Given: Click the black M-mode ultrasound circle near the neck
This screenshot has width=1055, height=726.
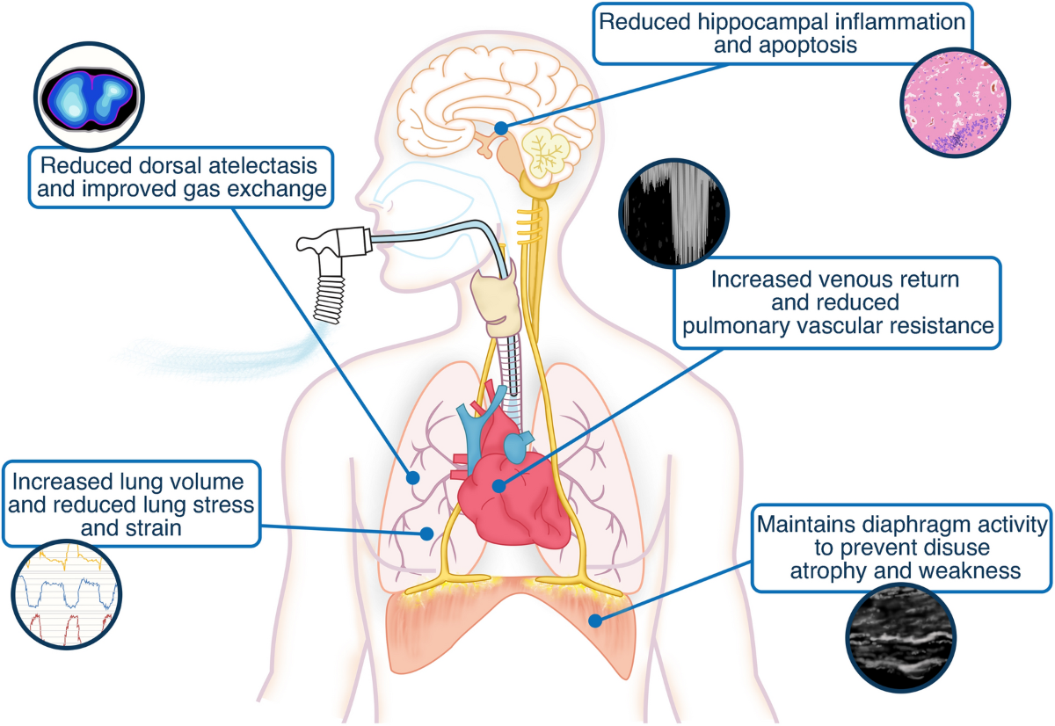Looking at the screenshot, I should tap(673, 215).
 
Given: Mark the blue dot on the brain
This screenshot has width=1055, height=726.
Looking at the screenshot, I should tap(500, 127).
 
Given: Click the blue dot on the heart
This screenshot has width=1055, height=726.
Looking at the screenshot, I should tap(498, 484).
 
